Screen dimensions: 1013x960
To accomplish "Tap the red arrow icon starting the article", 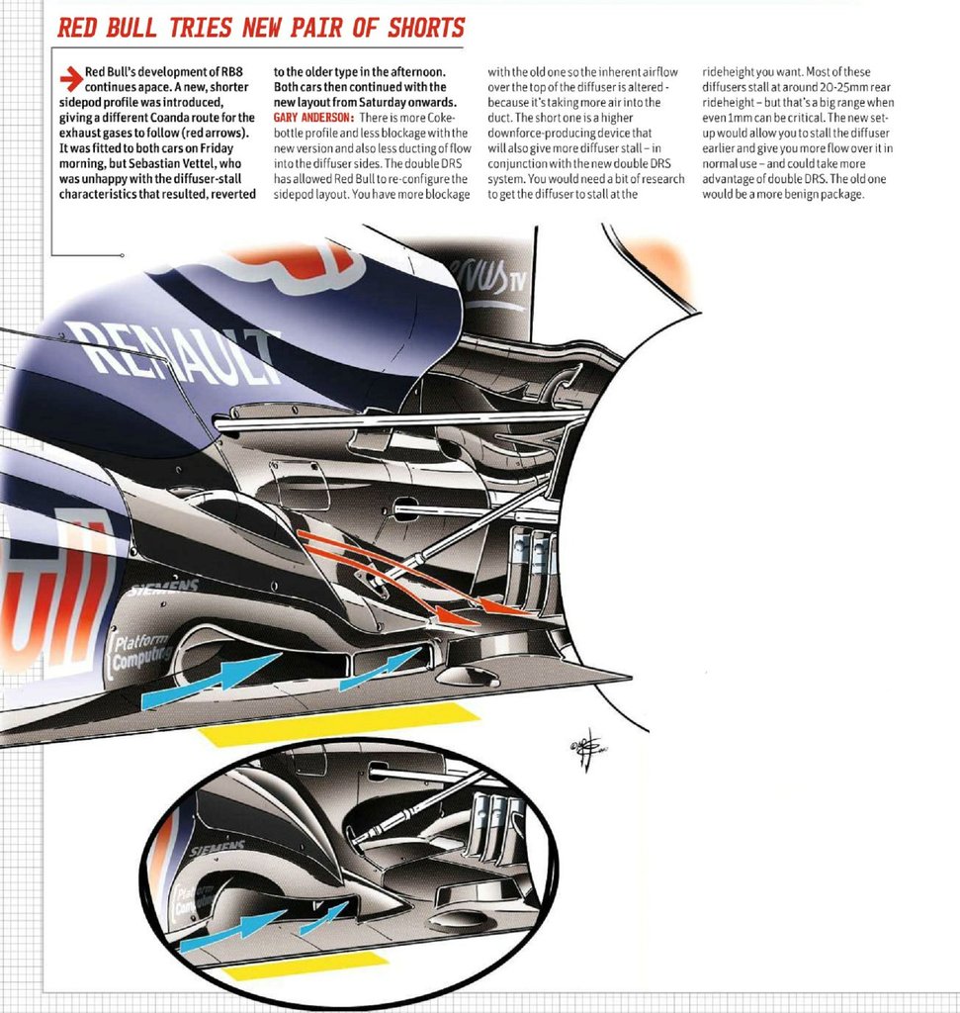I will (70, 73).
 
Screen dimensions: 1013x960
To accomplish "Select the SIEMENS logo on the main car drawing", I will (162, 588).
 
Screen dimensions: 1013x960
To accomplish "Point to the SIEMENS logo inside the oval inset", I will (217, 849).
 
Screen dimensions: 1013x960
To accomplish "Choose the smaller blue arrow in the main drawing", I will (380, 669).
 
